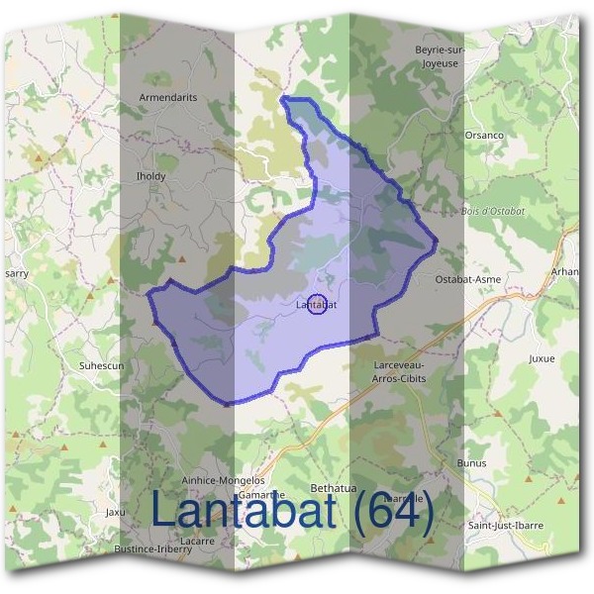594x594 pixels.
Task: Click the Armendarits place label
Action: [x=168, y=98]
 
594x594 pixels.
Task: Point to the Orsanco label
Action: [x=484, y=135]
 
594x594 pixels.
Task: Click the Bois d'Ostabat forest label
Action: [x=493, y=211]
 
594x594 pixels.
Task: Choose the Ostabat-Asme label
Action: [x=468, y=279]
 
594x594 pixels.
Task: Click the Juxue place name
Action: [x=542, y=358]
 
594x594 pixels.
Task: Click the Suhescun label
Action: [x=100, y=365]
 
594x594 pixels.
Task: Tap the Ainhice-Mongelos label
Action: [x=223, y=479]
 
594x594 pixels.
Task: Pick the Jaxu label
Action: [x=116, y=512]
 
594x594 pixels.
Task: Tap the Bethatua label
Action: [x=333, y=488]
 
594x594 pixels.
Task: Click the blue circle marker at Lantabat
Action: [x=317, y=305]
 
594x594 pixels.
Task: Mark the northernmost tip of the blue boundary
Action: [x=285, y=98]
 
